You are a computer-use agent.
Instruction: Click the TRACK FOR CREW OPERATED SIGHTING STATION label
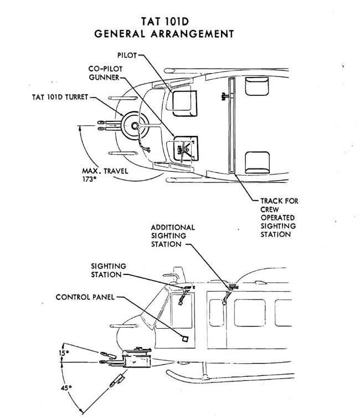(x=279, y=217)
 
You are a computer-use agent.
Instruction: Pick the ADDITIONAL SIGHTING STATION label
(x=172, y=236)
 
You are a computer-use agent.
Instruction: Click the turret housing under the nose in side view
(x=136, y=359)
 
